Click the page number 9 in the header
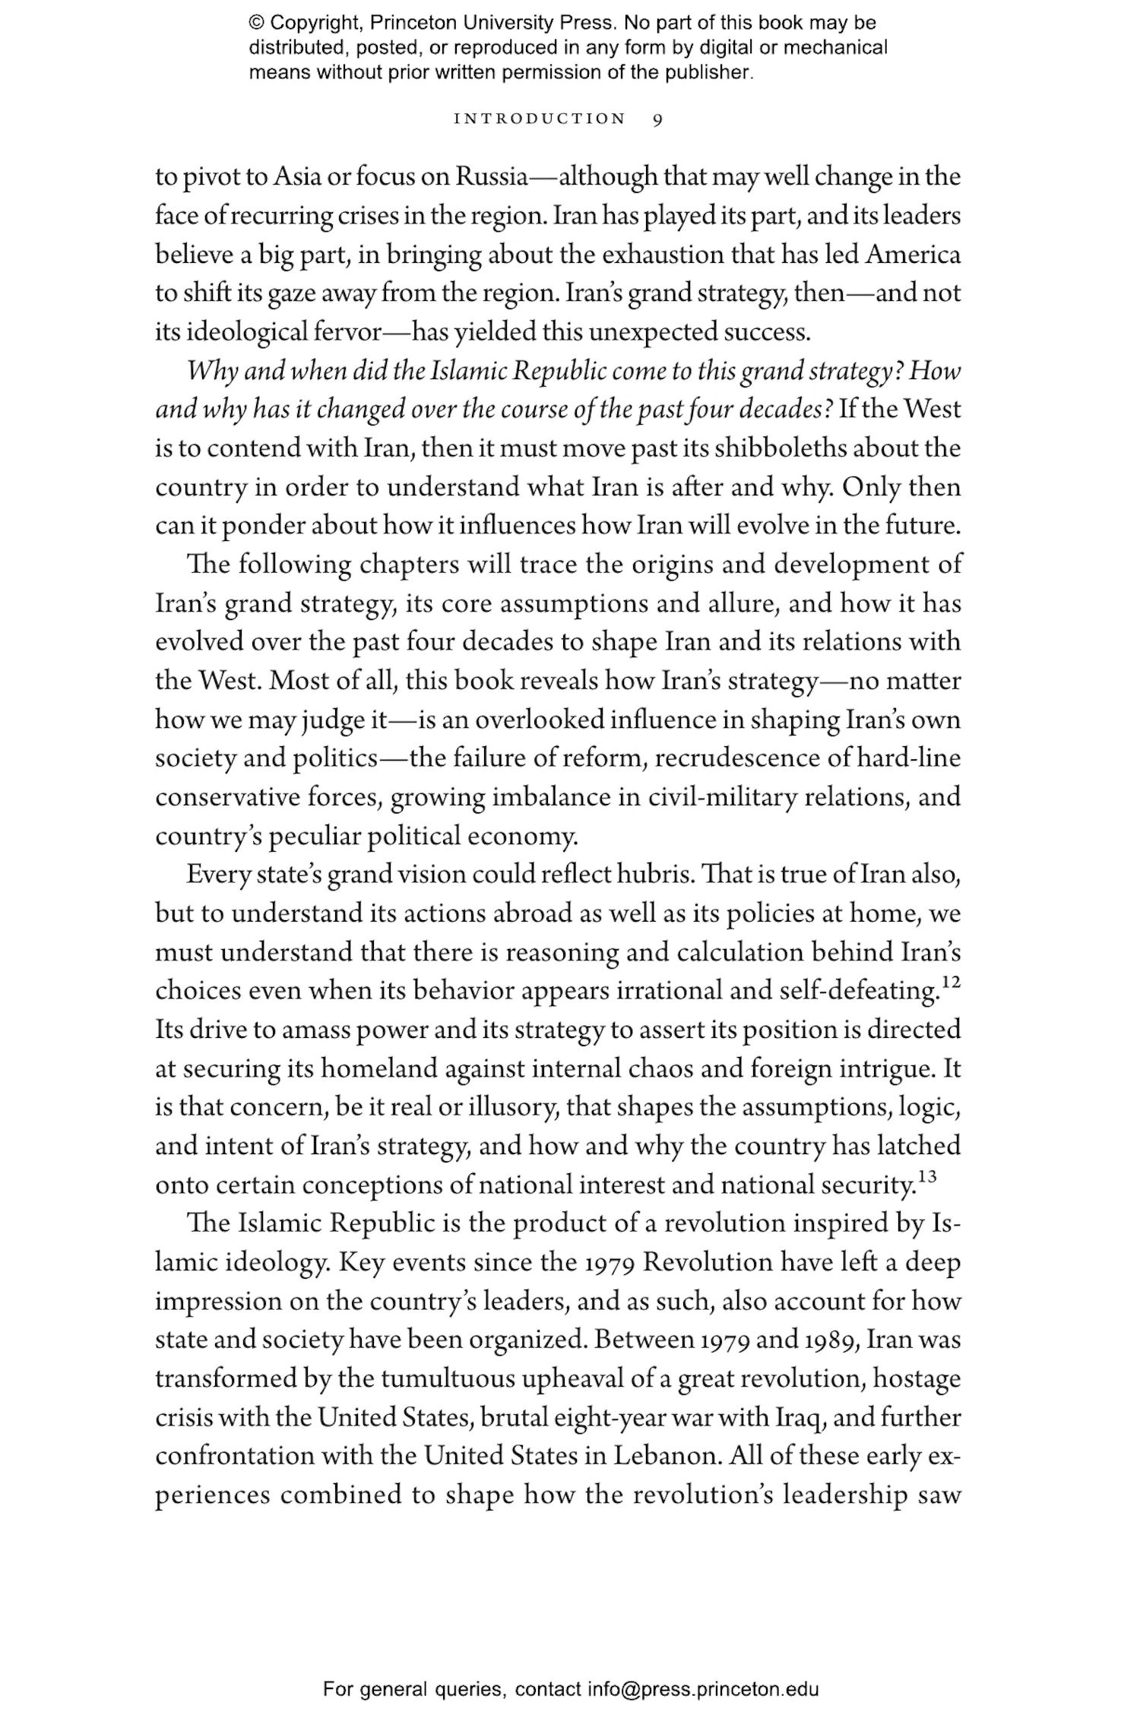[x=657, y=119]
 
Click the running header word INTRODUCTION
[x=540, y=119]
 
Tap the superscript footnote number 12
[x=951, y=982]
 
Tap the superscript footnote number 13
[x=926, y=1177]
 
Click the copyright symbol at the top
[x=256, y=23]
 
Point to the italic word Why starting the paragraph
[x=204, y=372]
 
